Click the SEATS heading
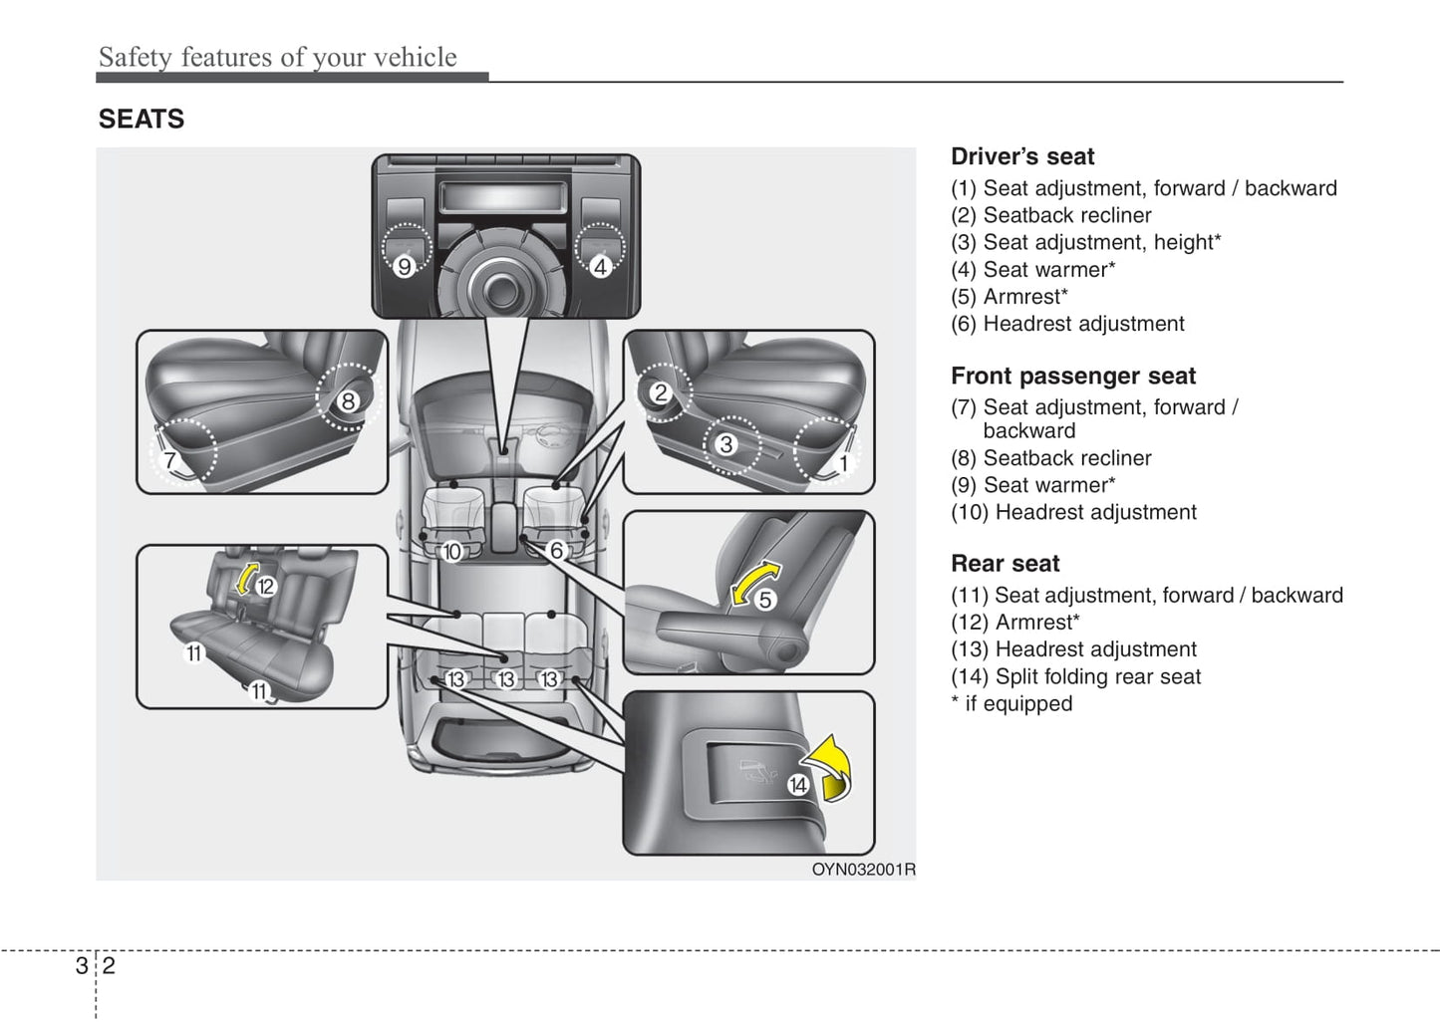[x=142, y=120]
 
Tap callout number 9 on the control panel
[x=404, y=266]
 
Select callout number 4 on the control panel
[x=600, y=266]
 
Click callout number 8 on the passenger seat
[x=348, y=401]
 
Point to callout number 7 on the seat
[x=170, y=460]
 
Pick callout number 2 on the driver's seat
[x=660, y=393]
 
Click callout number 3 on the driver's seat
[x=726, y=444]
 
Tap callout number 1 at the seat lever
[x=843, y=463]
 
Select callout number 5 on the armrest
[x=765, y=600]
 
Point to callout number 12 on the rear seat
[x=265, y=587]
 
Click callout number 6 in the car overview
[x=556, y=550]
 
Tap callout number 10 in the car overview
[x=452, y=552]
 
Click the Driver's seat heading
[x=1021, y=156]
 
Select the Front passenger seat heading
[x=1072, y=376]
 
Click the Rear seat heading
[x=1005, y=564]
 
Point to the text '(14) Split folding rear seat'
[x=1075, y=676]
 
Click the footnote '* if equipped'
[x=1011, y=703]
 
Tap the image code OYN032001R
[x=863, y=869]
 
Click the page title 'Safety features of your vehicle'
[x=277, y=57]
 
